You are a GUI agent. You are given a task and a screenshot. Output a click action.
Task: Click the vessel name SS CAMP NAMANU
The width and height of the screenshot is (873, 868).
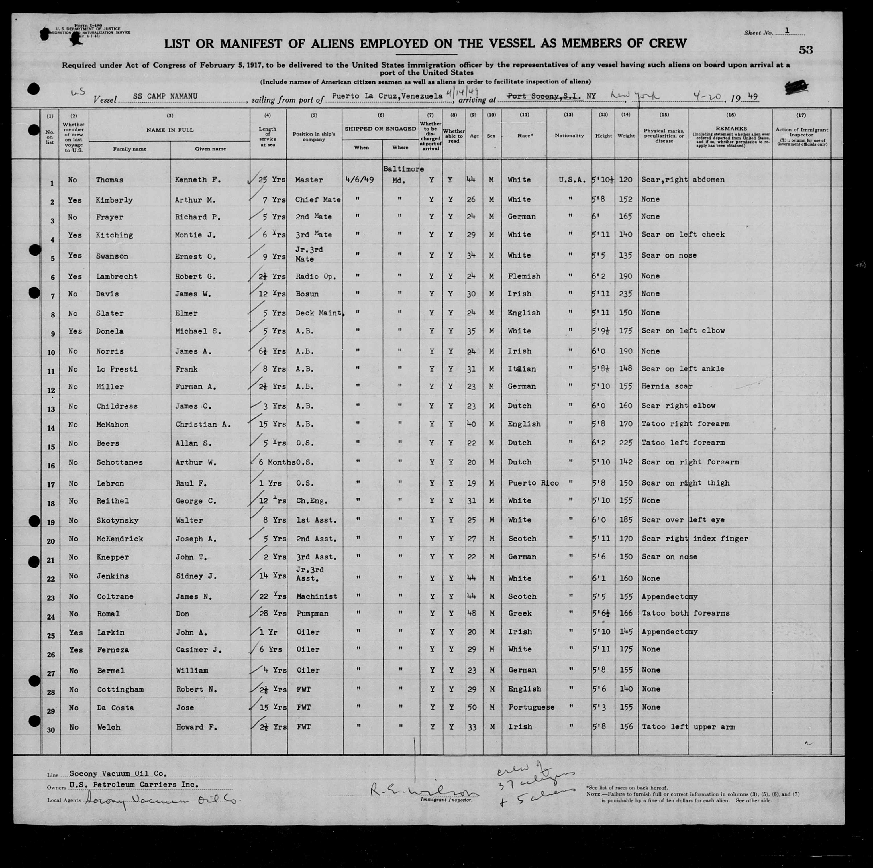point(165,97)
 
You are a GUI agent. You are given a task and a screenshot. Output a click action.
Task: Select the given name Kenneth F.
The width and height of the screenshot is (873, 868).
point(197,180)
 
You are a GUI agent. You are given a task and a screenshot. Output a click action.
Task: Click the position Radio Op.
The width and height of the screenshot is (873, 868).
point(315,276)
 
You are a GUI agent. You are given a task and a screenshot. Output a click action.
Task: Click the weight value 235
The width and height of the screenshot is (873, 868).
point(626,294)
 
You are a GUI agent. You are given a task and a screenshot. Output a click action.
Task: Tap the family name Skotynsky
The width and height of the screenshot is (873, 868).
point(117,520)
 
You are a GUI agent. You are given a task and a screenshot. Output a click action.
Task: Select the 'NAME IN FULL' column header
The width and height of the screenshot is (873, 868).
point(170,130)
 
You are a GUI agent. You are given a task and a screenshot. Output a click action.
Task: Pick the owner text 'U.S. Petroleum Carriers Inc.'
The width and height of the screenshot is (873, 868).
point(133,785)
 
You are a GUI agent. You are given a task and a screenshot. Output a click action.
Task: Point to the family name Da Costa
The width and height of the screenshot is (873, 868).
point(115,708)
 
